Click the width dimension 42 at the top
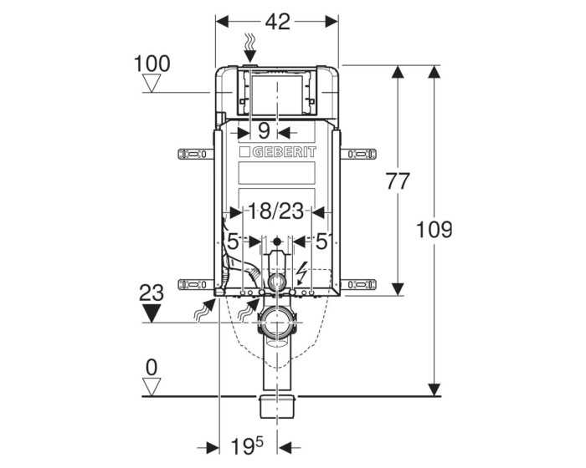(277, 23)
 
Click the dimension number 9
(263, 130)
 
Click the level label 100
(152, 64)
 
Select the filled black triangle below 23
(152, 313)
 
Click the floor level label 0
(152, 365)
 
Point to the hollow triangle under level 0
(152, 385)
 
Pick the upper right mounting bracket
(361, 154)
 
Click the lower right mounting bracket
(361, 284)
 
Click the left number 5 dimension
(233, 242)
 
